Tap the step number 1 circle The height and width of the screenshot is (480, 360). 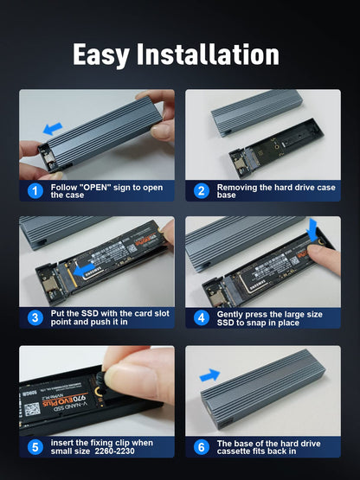pos(35,191)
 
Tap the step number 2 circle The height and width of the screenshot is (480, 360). pos(201,191)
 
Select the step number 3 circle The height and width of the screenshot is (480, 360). pos(35,317)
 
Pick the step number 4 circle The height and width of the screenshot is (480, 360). pos(201,317)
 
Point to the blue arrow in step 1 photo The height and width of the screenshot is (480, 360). pos(53,127)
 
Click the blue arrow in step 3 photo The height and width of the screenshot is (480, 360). pos(84,271)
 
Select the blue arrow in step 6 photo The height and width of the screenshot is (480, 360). pos(209,376)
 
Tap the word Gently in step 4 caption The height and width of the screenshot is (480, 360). pos(235,313)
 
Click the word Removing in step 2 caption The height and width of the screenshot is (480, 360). pos(241,187)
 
